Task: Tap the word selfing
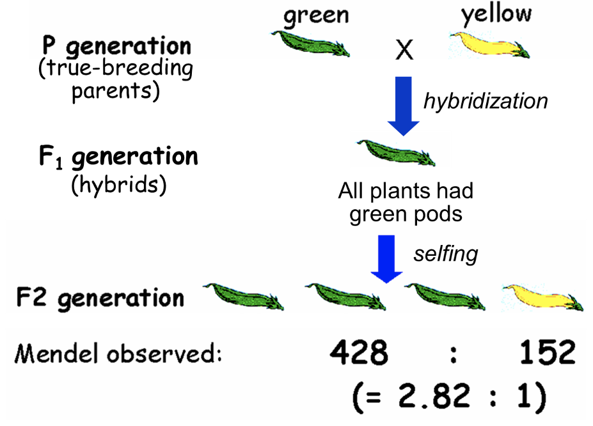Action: [x=445, y=253]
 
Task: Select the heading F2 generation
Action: [x=100, y=297]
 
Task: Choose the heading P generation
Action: [x=116, y=46]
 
